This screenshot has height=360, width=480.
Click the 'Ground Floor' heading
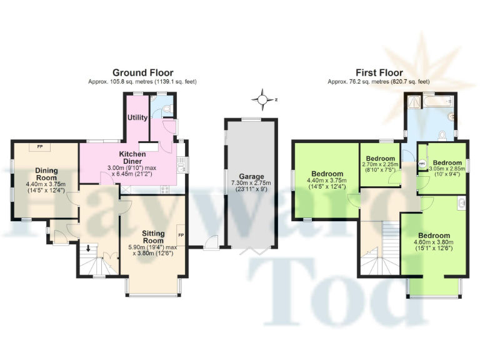click(x=142, y=72)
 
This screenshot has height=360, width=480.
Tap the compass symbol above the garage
click(x=262, y=99)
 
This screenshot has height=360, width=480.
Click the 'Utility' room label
click(x=137, y=117)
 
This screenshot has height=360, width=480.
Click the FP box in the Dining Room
click(x=40, y=147)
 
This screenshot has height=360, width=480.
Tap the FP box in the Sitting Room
click(x=181, y=236)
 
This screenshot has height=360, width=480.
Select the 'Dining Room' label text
click(x=46, y=174)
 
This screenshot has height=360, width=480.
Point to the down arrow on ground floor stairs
click(x=88, y=249)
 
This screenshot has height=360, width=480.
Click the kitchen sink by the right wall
click(x=180, y=165)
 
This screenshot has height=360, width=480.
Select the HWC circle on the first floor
click(x=422, y=166)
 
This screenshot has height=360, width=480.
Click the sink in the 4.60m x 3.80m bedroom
click(x=461, y=202)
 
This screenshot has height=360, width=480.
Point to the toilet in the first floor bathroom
click(x=442, y=134)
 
